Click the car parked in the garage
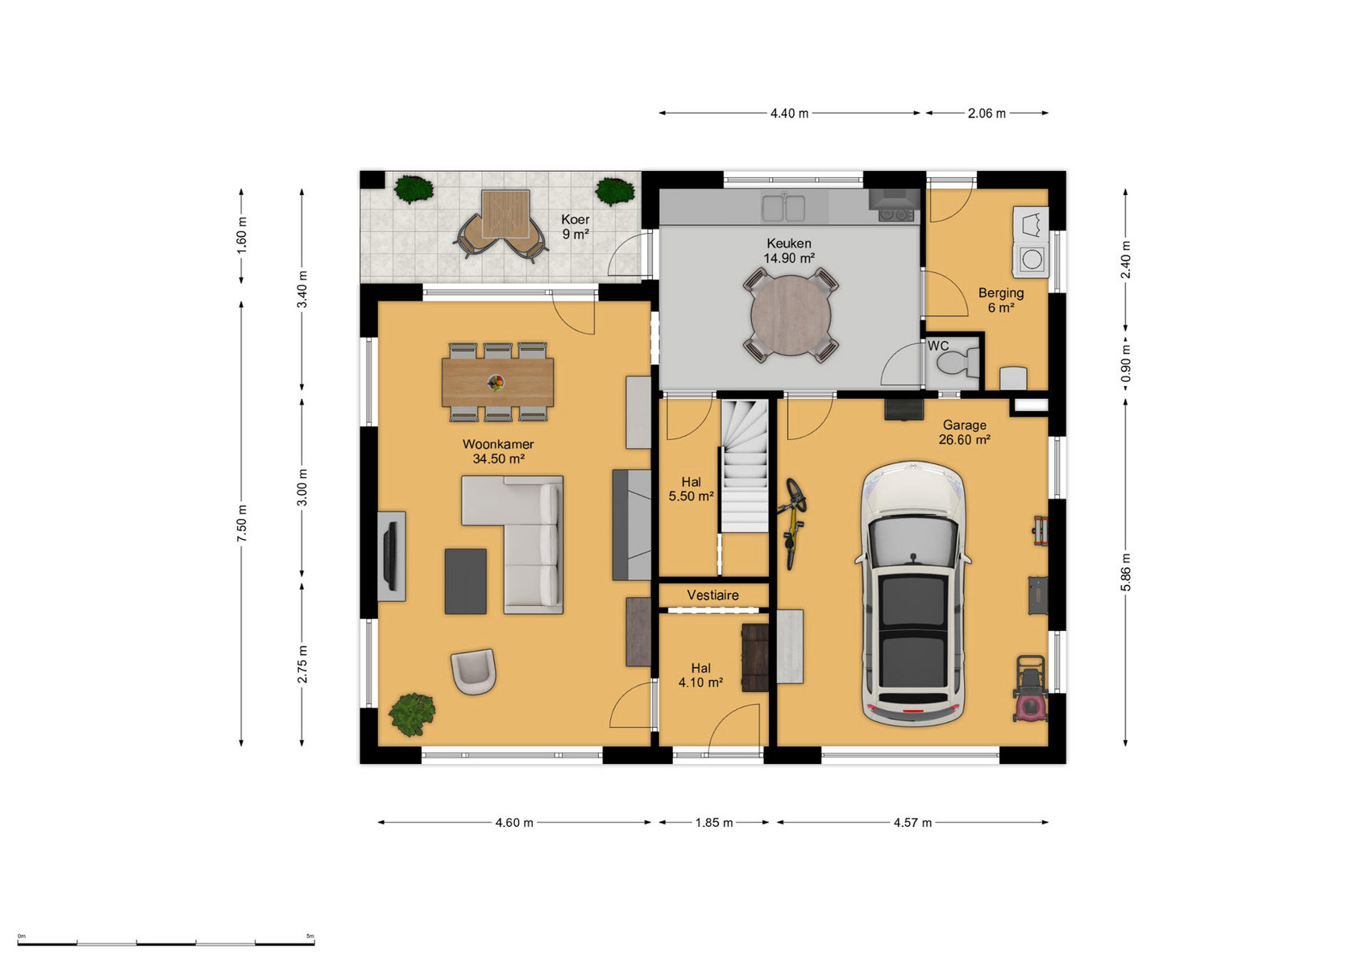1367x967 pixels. click(912, 594)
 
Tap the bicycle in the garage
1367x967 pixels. click(792, 524)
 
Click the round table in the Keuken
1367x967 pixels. click(790, 315)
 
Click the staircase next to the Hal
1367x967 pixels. click(744, 465)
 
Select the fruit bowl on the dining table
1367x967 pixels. click(497, 383)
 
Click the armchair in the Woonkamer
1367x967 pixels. click(473, 670)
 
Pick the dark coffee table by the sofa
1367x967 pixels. click(466, 581)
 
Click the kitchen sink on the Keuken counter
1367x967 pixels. click(783, 207)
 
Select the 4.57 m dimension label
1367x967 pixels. click(912, 823)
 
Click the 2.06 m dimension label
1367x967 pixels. click(987, 113)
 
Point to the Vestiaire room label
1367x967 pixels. click(713, 595)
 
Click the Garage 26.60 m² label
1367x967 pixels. click(964, 432)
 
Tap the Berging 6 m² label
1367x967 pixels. click(1001, 300)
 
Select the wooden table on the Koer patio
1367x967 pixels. click(505, 214)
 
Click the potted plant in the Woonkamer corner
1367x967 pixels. click(413, 714)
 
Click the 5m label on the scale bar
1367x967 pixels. click(310, 936)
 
